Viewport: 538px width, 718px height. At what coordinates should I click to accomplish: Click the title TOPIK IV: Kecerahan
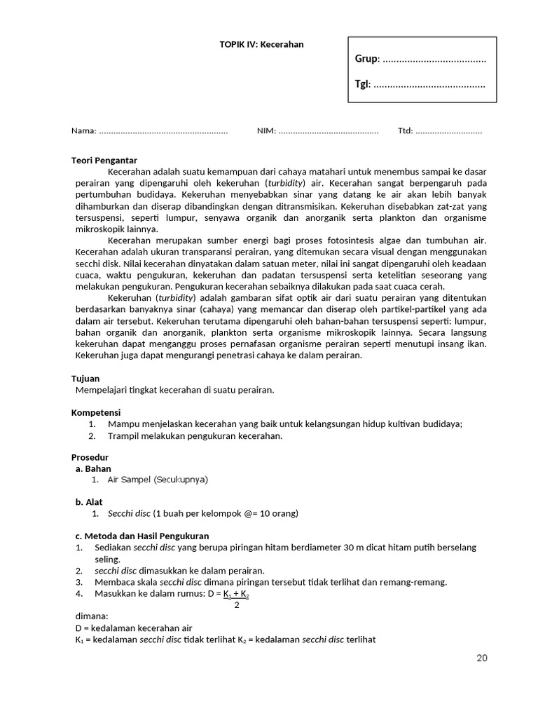pos(261,44)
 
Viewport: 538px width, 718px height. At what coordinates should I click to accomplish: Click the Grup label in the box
pos(366,59)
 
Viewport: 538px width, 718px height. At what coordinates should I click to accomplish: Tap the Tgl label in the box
pos(361,84)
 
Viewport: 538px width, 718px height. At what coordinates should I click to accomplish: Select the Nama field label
pos(83,130)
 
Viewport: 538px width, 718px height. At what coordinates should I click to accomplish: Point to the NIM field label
pos(266,130)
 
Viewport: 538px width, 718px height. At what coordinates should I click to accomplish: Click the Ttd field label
pos(405,130)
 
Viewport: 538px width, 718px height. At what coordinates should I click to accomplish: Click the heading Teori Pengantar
pos(104,160)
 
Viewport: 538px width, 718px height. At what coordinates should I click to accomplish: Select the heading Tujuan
pos(85,378)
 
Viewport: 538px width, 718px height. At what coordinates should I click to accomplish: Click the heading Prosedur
pos(90,457)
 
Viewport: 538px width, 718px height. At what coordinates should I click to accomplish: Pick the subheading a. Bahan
pos(93,468)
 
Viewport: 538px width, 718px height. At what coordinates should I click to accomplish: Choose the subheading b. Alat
pos(89,502)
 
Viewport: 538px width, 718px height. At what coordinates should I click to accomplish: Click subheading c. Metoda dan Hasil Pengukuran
pos(132,536)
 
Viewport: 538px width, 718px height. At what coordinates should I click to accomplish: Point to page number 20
pos(481,658)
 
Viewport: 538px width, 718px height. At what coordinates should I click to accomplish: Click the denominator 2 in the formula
pos(237,604)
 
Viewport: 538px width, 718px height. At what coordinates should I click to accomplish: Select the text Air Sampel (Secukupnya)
pos(158,480)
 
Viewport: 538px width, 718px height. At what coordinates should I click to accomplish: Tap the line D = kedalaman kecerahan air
pos(133,628)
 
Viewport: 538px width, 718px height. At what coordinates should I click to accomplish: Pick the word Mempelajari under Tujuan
pos(101,389)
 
